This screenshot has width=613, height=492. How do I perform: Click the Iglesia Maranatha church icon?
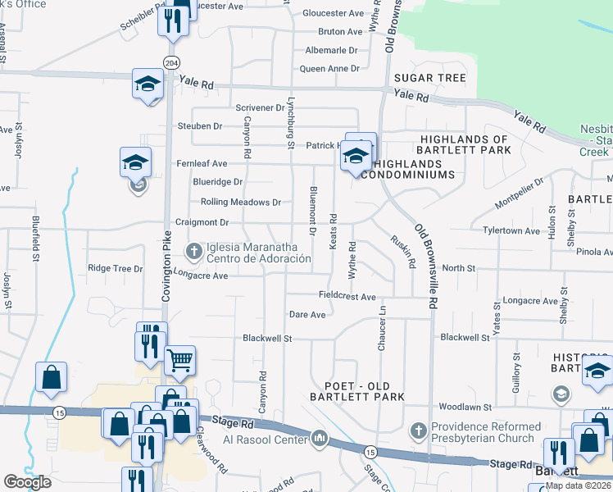pyautogui.click(x=194, y=249)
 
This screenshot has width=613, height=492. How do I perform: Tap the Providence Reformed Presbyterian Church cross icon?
pyautogui.click(x=418, y=430)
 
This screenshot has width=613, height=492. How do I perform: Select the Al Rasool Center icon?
pyautogui.click(x=320, y=440)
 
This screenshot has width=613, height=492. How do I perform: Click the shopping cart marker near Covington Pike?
pyautogui.click(x=179, y=359)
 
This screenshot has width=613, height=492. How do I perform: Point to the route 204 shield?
pyautogui.click(x=170, y=62)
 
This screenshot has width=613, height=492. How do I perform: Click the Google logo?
pyautogui.click(x=27, y=482)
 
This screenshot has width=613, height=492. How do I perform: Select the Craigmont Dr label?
pyautogui.click(x=201, y=222)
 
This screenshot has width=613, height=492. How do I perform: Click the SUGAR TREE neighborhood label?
pyautogui.click(x=429, y=79)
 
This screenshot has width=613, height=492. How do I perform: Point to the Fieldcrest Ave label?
pyautogui.click(x=347, y=296)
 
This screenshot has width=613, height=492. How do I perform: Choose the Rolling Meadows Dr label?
pyautogui.click(x=240, y=203)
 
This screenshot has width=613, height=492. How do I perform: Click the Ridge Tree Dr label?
pyautogui.click(x=115, y=268)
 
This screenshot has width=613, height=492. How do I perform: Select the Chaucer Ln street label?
pyautogui.click(x=381, y=329)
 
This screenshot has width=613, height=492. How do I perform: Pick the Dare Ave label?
pyautogui.click(x=307, y=314)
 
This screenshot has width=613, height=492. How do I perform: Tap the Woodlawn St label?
pyautogui.click(x=464, y=407)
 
